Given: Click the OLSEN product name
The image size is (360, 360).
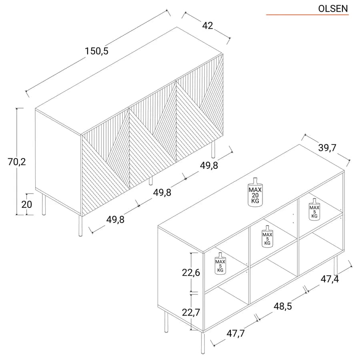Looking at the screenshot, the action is tap(333, 9).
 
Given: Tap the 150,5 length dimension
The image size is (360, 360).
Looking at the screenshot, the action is tap(96, 51).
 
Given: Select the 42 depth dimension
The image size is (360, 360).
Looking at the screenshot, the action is tap(208, 26).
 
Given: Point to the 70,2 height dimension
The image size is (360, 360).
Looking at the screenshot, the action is tap(17, 162).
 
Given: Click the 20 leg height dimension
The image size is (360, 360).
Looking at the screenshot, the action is tap(27, 204).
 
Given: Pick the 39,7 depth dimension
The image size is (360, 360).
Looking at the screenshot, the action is tap(327, 148).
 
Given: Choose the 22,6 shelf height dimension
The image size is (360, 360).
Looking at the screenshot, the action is tap(191, 272).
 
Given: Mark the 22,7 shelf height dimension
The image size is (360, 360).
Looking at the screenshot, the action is tap(191, 312).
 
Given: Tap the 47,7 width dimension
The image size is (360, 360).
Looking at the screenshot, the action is tap(236, 333).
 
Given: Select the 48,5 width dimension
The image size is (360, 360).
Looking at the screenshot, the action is tap(282, 306).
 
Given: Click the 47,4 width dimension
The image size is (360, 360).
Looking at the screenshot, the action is tap(330, 279).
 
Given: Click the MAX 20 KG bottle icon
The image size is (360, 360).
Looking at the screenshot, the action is tap(255, 192).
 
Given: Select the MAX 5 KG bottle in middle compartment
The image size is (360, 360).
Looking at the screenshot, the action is tap(268, 236).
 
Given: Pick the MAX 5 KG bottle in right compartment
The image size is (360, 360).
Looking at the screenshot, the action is tap(314, 209).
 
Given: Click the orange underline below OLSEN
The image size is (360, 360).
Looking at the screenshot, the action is tap(307, 15).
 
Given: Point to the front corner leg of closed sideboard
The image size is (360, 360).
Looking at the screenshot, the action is tap(80, 226).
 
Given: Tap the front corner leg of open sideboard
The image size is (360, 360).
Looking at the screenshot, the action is tap(203, 343).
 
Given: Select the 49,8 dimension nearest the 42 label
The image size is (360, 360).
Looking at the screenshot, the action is tap(209, 165).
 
